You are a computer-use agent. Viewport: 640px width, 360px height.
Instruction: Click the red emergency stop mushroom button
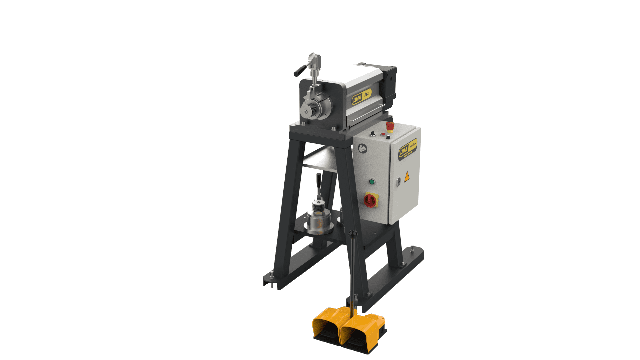pos(390,126)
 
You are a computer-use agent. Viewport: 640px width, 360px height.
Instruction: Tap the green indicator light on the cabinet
pos(372,182)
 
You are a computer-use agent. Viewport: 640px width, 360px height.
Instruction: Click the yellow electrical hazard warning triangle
pos(407,177)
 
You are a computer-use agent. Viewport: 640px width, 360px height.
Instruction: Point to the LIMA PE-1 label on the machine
pos(361,97)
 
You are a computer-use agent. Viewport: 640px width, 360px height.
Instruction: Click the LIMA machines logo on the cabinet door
pos(408,149)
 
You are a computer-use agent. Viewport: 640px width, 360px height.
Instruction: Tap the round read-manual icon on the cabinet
pos(362,148)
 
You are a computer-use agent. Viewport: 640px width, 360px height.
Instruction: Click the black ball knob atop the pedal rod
pos(353,234)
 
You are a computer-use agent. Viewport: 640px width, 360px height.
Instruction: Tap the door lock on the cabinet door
pos(398,182)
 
